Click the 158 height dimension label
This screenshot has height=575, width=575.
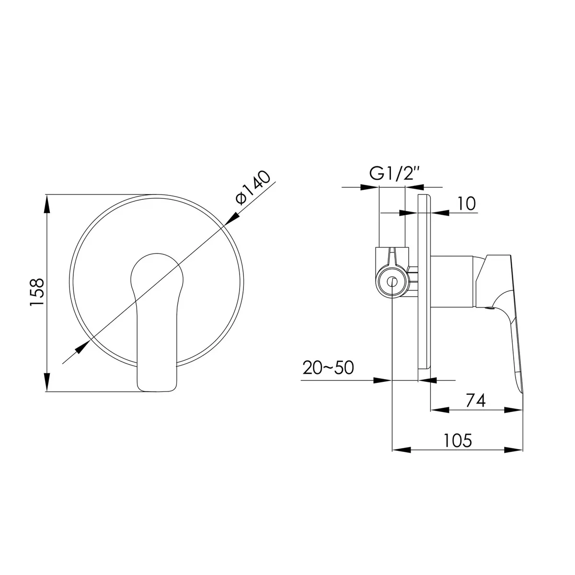coord(37,292)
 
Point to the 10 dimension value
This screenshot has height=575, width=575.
coord(466,204)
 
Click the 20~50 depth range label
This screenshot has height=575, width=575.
coord(328,368)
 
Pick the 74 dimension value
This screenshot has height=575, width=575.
coord(476,401)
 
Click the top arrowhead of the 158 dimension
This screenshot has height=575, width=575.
coord(46,204)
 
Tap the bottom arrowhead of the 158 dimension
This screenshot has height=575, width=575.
coord(46,381)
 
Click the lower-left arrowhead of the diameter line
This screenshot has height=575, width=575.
coord(82,347)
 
